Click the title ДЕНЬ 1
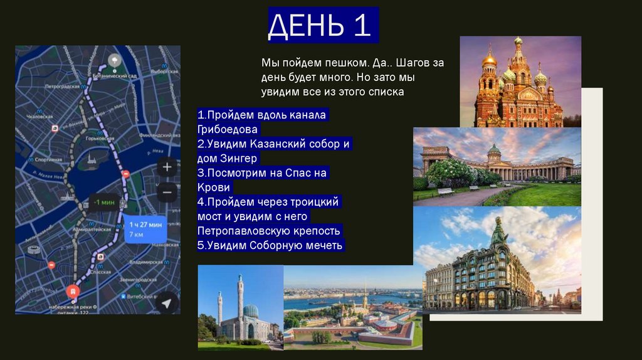point(323,26)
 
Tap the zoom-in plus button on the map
point(167,167)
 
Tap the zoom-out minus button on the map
point(167,192)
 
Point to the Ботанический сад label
point(115,75)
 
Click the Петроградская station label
point(62,87)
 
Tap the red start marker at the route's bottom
point(73,292)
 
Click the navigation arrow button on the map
point(166,303)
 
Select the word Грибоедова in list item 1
point(227,130)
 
